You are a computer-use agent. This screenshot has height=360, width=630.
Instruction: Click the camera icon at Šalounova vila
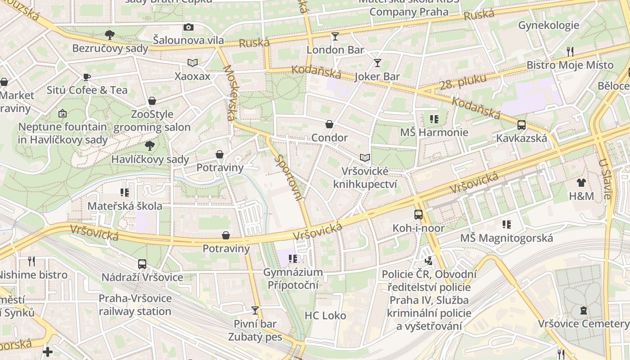[189, 27]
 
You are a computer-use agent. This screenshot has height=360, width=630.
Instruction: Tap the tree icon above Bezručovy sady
[109, 35]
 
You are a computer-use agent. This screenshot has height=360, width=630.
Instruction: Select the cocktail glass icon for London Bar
[335, 36]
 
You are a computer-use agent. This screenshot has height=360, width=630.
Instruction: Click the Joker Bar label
[377, 76]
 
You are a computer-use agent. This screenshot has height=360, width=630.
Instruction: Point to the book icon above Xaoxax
[193, 63]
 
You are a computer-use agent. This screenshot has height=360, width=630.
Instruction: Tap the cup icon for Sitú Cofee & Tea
[87, 77]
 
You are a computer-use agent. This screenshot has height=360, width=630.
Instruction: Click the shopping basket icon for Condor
[329, 124]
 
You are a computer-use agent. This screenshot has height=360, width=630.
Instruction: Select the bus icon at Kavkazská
[522, 125]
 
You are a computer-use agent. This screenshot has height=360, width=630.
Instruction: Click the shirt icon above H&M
[581, 183]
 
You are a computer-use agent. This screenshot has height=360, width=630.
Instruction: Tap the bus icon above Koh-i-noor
[418, 215]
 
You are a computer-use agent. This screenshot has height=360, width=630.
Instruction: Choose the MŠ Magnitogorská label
[506, 238]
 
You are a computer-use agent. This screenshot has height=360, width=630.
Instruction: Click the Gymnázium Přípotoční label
[293, 279]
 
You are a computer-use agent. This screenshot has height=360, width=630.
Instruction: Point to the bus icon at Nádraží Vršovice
[142, 264]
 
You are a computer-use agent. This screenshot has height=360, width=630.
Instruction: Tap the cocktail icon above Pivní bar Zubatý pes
[255, 310]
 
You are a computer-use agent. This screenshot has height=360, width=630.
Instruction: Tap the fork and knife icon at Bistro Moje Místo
[570, 51]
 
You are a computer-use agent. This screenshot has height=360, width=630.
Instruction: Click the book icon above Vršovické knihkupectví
[365, 157]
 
